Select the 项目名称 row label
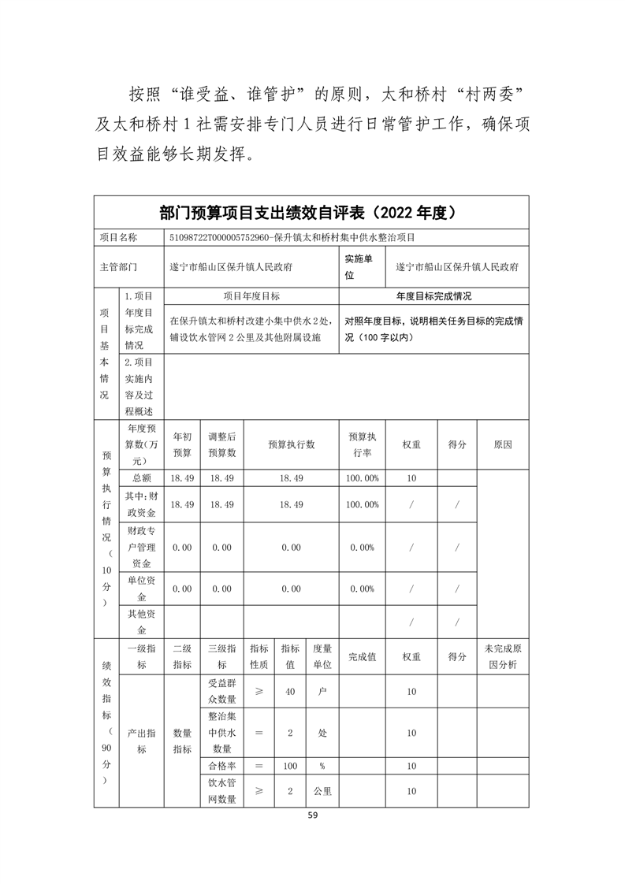[x=118, y=237]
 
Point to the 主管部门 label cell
[x=118, y=267]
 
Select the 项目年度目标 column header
[x=251, y=297]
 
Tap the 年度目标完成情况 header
[x=433, y=297]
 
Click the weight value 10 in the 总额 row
[x=411, y=478]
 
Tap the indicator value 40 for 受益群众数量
[x=290, y=691]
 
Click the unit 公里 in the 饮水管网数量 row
[x=322, y=791]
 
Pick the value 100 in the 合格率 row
[x=290, y=765]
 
